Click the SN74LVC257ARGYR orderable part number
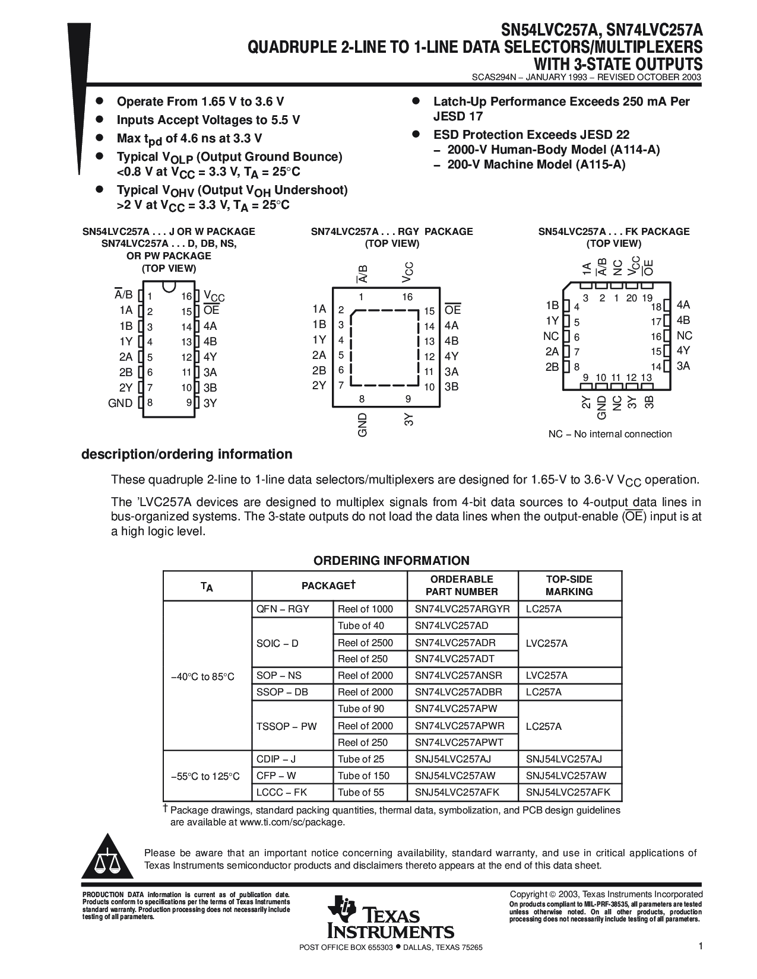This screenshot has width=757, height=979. pyautogui.click(x=462, y=609)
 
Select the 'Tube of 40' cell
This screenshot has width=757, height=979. pyautogui.click(x=361, y=625)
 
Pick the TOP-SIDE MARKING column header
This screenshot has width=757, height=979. pyautogui.click(x=569, y=586)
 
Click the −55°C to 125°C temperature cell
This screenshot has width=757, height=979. pyautogui.click(x=205, y=776)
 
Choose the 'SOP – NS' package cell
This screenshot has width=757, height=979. pyautogui.click(x=279, y=675)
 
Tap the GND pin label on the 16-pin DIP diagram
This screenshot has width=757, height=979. pyautogui.click(x=120, y=403)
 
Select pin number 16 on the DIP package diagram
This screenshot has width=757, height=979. pyautogui.click(x=186, y=296)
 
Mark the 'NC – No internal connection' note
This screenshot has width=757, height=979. pyautogui.click(x=610, y=434)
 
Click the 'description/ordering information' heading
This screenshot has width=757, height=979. pyautogui.click(x=186, y=454)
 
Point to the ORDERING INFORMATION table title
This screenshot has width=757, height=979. pyautogui.click(x=391, y=561)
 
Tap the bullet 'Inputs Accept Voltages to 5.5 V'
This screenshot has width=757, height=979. pyautogui.click(x=208, y=120)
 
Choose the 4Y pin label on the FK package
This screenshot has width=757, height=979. pyautogui.click(x=683, y=351)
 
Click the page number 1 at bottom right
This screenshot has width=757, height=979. pyautogui.click(x=701, y=947)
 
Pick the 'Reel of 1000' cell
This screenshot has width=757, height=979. pyautogui.click(x=365, y=609)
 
